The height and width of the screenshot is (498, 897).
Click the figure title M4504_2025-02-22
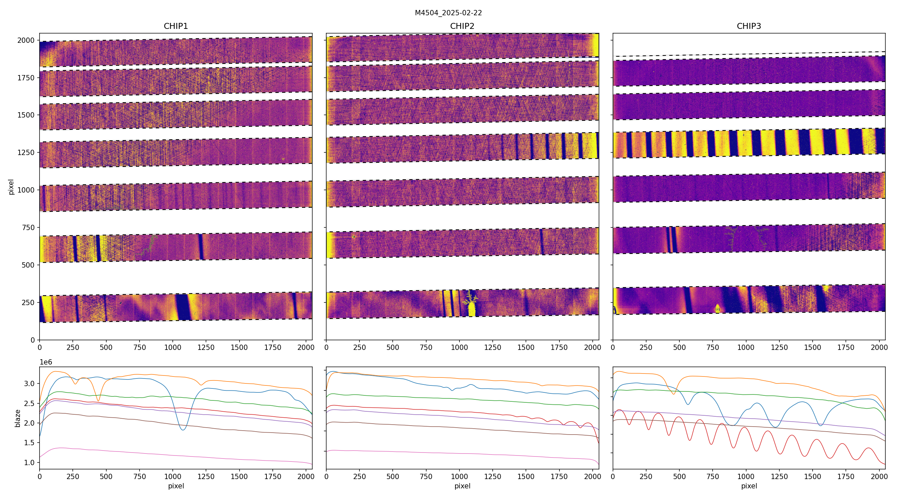pyautogui.click(x=448, y=13)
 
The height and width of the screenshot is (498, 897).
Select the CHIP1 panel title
pyautogui.click(x=175, y=26)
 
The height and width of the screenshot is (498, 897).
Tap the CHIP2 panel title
pyautogui.click(x=462, y=26)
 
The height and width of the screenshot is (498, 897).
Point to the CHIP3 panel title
pyautogui.click(x=748, y=26)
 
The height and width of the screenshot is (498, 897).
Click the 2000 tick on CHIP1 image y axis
pyautogui.click(x=26, y=41)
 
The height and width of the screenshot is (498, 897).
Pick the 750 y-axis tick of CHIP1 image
pyautogui.click(x=28, y=228)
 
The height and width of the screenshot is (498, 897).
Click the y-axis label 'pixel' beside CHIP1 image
pyautogui.click(x=11, y=187)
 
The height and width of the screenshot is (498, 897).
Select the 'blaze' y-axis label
pyautogui.click(x=17, y=418)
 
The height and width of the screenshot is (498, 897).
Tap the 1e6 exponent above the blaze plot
pyautogui.click(x=46, y=362)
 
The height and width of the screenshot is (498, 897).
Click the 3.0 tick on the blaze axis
pyautogui.click(x=30, y=383)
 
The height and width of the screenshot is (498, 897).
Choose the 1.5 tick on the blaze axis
pyautogui.click(x=30, y=443)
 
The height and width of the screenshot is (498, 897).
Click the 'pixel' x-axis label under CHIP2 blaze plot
pyautogui.click(x=462, y=486)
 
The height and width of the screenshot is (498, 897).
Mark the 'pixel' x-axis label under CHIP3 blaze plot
pyautogui.click(x=748, y=486)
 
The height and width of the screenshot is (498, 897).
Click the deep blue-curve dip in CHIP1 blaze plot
pyautogui.click(x=183, y=430)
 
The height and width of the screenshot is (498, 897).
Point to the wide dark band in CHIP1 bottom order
pyautogui.click(x=182, y=307)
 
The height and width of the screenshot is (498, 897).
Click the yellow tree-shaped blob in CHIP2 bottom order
pyautogui.click(x=471, y=306)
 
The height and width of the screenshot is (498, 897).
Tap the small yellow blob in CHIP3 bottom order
pyautogui.click(x=717, y=308)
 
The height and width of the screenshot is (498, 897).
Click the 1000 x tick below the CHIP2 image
pyautogui.click(x=459, y=347)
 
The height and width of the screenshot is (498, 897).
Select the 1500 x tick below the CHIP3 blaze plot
pyautogui.click(x=812, y=476)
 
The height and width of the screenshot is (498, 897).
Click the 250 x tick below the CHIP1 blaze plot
pyautogui.click(x=73, y=476)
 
